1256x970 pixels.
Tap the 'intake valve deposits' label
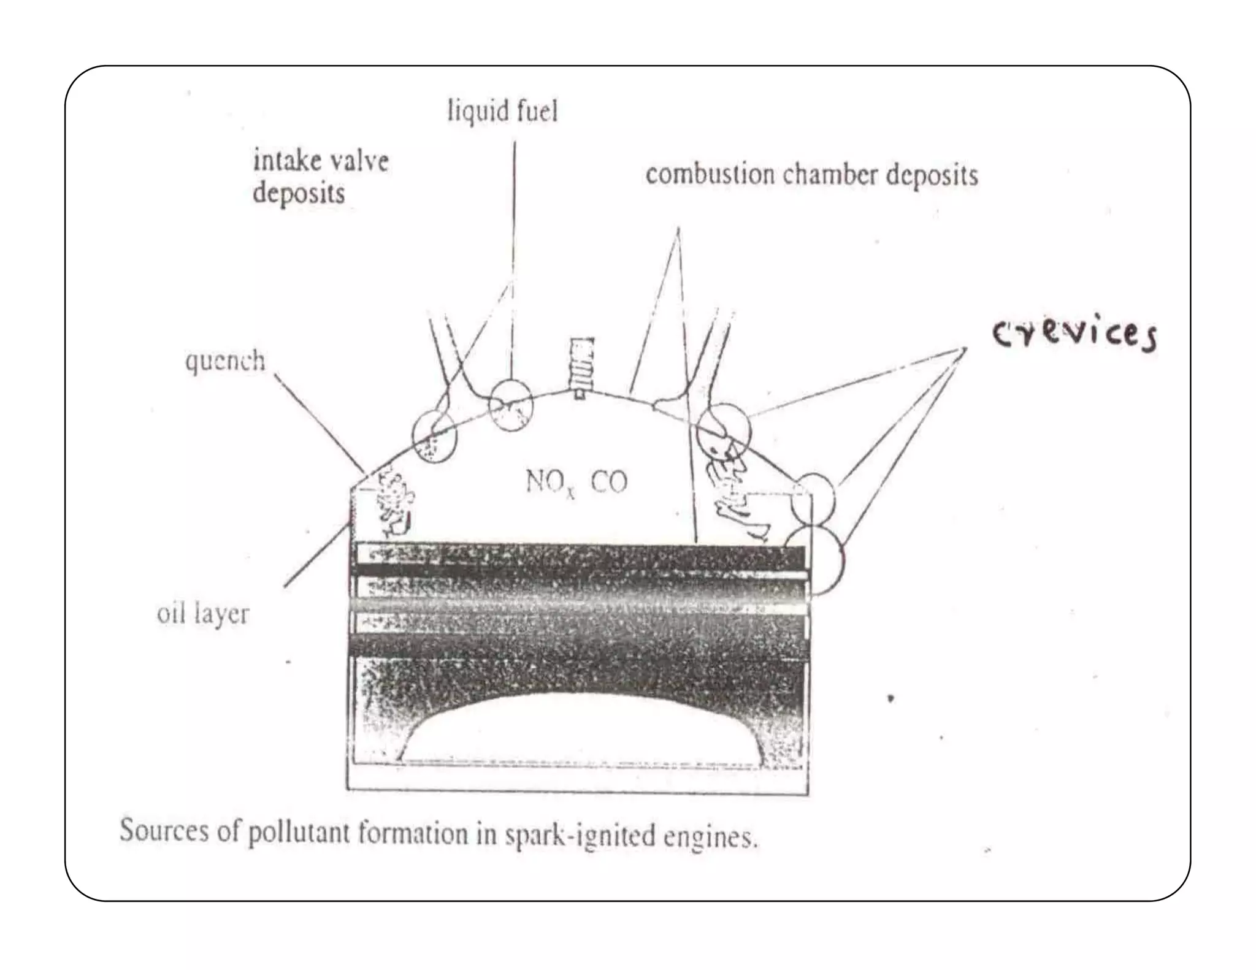320,177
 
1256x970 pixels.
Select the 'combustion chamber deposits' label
811,175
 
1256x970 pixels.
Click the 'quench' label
225,361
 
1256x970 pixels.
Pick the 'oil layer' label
203,613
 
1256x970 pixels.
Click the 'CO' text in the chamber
609,483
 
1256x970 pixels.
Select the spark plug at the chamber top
580,365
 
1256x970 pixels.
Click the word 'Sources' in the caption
164,831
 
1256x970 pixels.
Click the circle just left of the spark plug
510,405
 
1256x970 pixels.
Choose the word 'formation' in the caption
413,834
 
